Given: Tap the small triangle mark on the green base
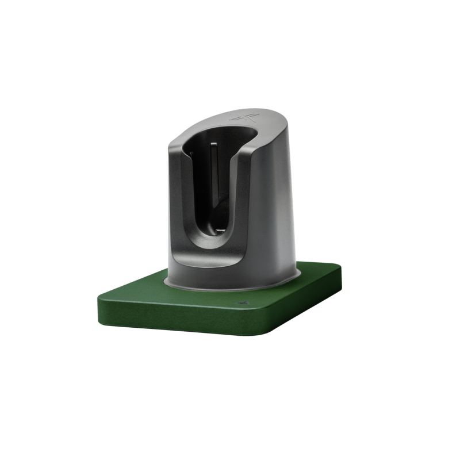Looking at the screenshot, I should [243, 301].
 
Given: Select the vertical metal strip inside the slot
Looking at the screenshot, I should [213, 172].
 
